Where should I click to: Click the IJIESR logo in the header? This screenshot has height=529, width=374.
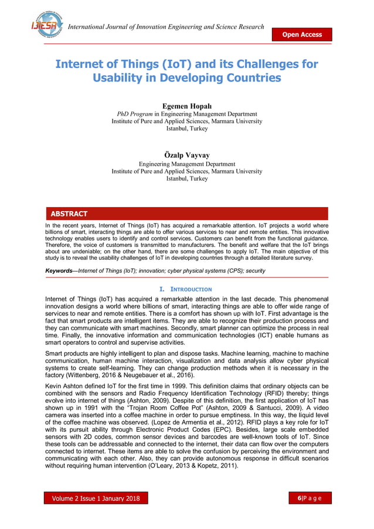tap(46, 24)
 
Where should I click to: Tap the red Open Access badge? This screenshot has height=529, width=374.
tap(302, 35)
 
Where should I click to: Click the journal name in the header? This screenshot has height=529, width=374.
tap(166, 27)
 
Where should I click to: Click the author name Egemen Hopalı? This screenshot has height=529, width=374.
tap(186, 106)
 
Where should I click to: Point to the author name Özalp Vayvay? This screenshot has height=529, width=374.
tap(186, 155)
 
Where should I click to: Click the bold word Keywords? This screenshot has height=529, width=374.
tap(60, 271)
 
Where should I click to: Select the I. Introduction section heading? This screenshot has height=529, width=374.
tap(186, 289)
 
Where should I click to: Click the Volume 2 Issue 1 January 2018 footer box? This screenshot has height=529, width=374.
tap(96, 499)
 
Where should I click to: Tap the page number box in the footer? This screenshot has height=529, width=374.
tap(313, 499)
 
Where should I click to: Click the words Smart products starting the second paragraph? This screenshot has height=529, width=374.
tap(68, 354)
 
